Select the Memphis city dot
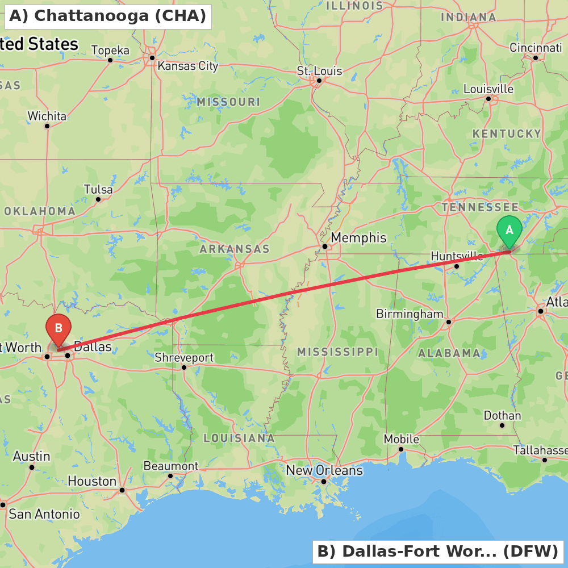(324, 247)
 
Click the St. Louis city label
(319, 71)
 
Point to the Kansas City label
(187, 66)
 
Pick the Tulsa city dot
(98, 199)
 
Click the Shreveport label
(184, 358)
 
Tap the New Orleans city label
(324, 471)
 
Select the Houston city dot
(122, 490)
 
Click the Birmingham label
(410, 314)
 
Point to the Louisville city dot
(488, 99)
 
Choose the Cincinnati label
(536, 48)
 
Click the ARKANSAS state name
(234, 249)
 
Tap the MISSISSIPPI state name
(337, 352)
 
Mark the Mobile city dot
(400, 449)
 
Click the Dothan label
(502, 416)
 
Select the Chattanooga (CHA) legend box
(108, 16)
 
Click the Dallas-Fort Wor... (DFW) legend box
(437, 552)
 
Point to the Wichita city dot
(47, 126)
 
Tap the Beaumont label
(170, 466)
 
